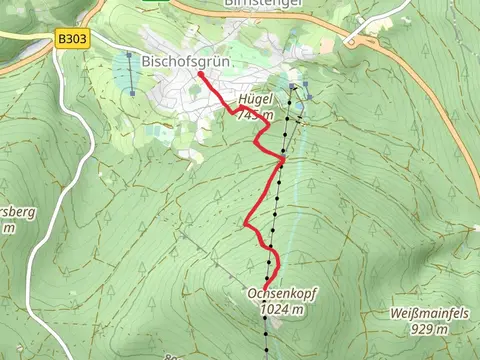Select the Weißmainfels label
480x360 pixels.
pos(426,314)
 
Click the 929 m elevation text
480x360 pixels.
pos(428,329)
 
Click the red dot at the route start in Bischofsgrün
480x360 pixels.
pos(201,74)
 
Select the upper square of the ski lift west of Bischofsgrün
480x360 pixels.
pos(129,54)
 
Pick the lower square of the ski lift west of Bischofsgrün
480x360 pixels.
pos(130,92)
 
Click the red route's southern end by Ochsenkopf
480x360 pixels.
pos(265,288)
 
